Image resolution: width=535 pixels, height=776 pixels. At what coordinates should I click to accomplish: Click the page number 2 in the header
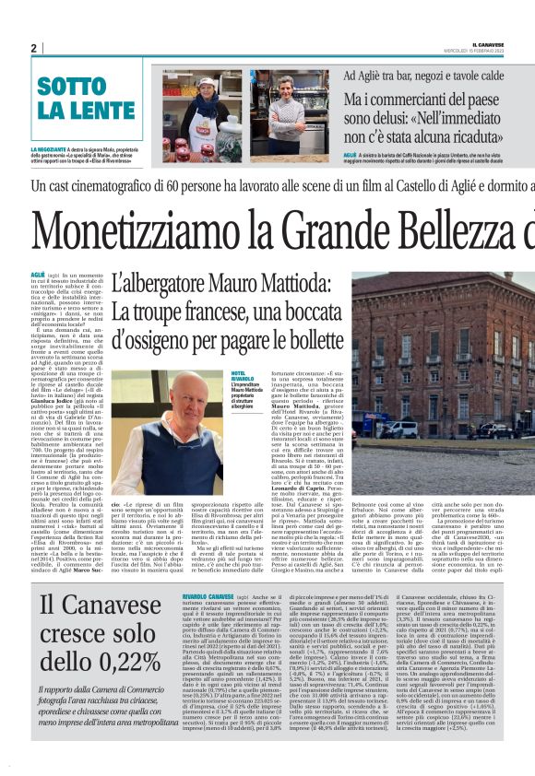32,48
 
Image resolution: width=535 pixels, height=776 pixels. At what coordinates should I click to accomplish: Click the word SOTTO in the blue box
72,89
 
